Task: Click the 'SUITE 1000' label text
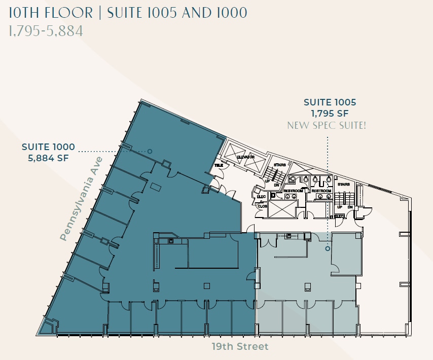pyautogui.click(x=48, y=147)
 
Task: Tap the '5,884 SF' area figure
pyautogui.click(x=48, y=158)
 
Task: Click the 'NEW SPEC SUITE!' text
pyautogui.click(x=327, y=125)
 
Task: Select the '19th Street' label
pyautogui.click(x=240, y=347)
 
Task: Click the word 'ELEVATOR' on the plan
pyautogui.click(x=245, y=157)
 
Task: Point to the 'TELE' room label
pyautogui.click(x=219, y=165)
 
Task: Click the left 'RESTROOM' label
pyautogui.click(x=294, y=191)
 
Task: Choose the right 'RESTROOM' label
pyautogui.click(x=321, y=191)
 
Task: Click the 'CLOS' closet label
pyautogui.click(x=262, y=206)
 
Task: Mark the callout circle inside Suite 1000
pyautogui.click(x=150, y=151)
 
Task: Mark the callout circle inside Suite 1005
pyautogui.click(x=328, y=248)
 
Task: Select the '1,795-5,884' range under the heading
pyautogui.click(x=46, y=31)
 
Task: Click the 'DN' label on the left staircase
pyautogui.click(x=276, y=186)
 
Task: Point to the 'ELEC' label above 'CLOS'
pyautogui.click(x=262, y=197)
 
